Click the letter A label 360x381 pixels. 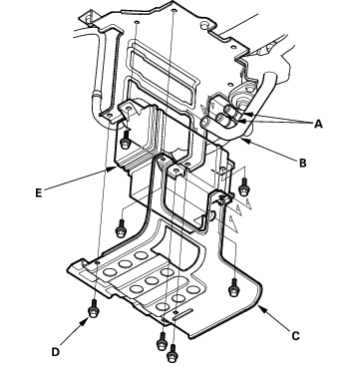[x=318, y=124]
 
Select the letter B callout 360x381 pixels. [x=303, y=163]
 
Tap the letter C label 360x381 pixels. [x=296, y=336]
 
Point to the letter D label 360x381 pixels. [x=56, y=352]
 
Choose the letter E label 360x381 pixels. [x=39, y=193]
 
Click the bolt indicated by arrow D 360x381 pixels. [x=93, y=308]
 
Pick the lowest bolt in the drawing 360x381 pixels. [x=173, y=354]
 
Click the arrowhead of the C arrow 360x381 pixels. [x=260, y=309]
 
